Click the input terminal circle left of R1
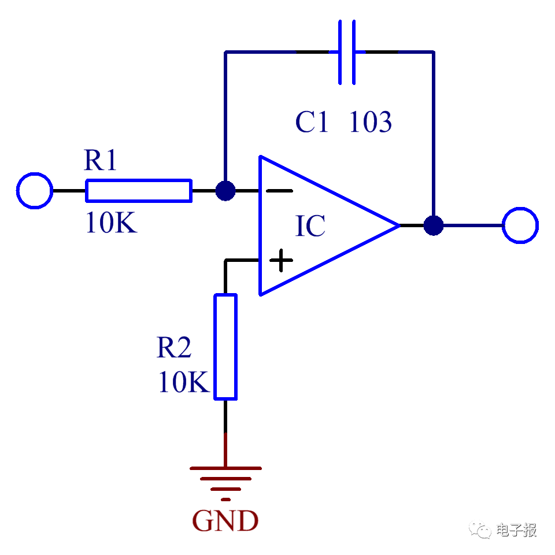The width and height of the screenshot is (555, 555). [x=35, y=190]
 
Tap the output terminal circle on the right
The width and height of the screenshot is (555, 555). [x=520, y=225]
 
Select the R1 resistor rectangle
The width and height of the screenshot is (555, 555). [x=139, y=191]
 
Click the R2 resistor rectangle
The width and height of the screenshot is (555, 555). [x=225, y=347]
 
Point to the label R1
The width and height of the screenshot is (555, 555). [x=101, y=161]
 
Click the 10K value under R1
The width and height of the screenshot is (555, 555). [x=110, y=224]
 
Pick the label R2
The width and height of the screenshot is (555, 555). [x=174, y=348]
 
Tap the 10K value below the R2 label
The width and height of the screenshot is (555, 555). [x=183, y=383]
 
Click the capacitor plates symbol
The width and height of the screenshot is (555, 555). [x=347, y=52]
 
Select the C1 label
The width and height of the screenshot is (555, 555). [x=312, y=123]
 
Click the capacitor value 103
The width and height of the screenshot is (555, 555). [x=371, y=123]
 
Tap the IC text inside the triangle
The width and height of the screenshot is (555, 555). [x=310, y=227]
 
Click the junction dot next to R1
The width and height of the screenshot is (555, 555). [x=225, y=191]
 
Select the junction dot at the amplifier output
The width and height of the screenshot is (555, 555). [x=434, y=225]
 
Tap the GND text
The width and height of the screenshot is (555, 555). [x=225, y=521]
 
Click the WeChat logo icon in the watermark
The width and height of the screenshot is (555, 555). [x=480, y=528]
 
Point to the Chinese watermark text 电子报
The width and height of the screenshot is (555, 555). [x=516, y=530]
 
